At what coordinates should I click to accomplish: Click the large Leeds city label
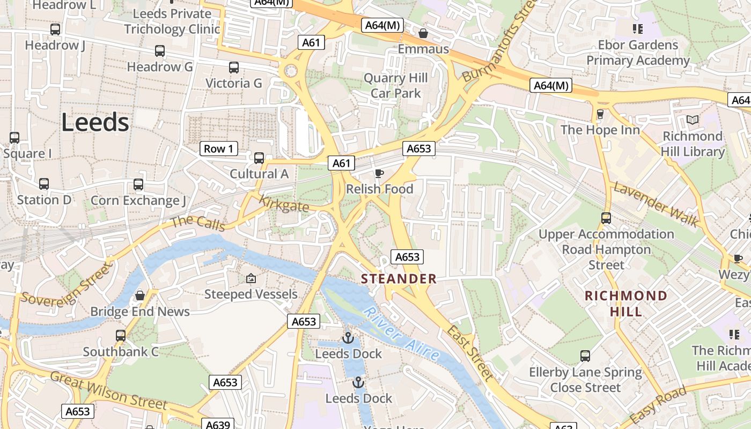(x=95, y=123)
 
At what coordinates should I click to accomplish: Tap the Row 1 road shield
(x=219, y=149)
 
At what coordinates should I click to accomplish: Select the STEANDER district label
(x=399, y=279)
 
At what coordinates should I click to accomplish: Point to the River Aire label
(x=401, y=333)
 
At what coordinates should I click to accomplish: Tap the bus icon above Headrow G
(x=160, y=51)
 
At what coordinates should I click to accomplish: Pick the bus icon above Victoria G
(x=234, y=68)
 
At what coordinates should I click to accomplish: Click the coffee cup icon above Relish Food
(x=379, y=173)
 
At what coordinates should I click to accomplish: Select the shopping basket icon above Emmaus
(x=423, y=33)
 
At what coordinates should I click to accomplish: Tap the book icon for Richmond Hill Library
(x=693, y=120)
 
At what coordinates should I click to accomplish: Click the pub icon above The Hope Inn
(x=600, y=114)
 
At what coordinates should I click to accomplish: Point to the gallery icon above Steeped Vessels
(x=251, y=278)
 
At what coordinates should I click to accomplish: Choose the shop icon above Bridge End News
(x=140, y=295)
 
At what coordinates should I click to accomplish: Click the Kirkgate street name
(x=284, y=204)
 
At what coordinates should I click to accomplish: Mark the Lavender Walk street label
(x=656, y=204)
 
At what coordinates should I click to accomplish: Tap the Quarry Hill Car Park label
(x=396, y=86)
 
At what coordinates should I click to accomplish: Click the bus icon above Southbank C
(x=121, y=336)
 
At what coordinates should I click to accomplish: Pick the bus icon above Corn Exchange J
(x=138, y=184)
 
